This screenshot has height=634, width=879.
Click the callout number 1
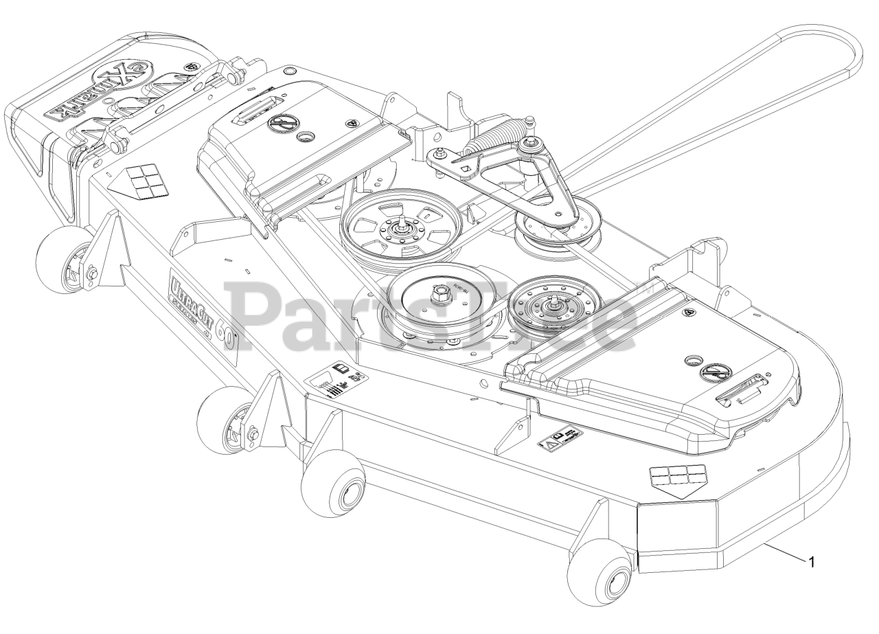click(x=812, y=563)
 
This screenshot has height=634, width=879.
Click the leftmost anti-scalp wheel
click(x=65, y=260)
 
